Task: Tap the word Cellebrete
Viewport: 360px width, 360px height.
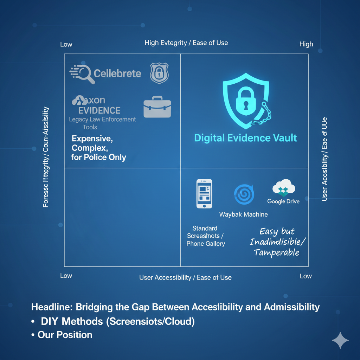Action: coord(117,73)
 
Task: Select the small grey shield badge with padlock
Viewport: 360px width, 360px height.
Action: coord(159,73)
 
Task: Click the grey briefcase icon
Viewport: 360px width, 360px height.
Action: coord(157,107)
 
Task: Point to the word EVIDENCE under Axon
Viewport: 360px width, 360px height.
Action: coord(99,111)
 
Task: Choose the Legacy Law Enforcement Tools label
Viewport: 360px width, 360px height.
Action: coord(102,123)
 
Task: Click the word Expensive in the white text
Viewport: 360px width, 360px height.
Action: coord(92,139)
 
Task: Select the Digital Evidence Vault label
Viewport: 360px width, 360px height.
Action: coord(245,138)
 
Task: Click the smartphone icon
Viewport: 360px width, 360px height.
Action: coord(204,194)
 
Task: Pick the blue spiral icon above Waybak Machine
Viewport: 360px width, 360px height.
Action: coord(244,194)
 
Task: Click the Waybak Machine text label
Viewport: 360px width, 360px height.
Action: coord(243,214)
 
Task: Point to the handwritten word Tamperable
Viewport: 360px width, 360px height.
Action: coord(276,252)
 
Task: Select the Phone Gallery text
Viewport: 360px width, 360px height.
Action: coord(206,244)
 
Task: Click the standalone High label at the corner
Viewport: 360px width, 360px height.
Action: coord(306,44)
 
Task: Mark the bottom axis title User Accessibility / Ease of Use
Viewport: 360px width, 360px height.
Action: coord(185,277)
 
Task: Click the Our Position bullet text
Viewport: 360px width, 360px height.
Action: coord(65,335)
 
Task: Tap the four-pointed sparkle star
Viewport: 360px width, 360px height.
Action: coord(340,340)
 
